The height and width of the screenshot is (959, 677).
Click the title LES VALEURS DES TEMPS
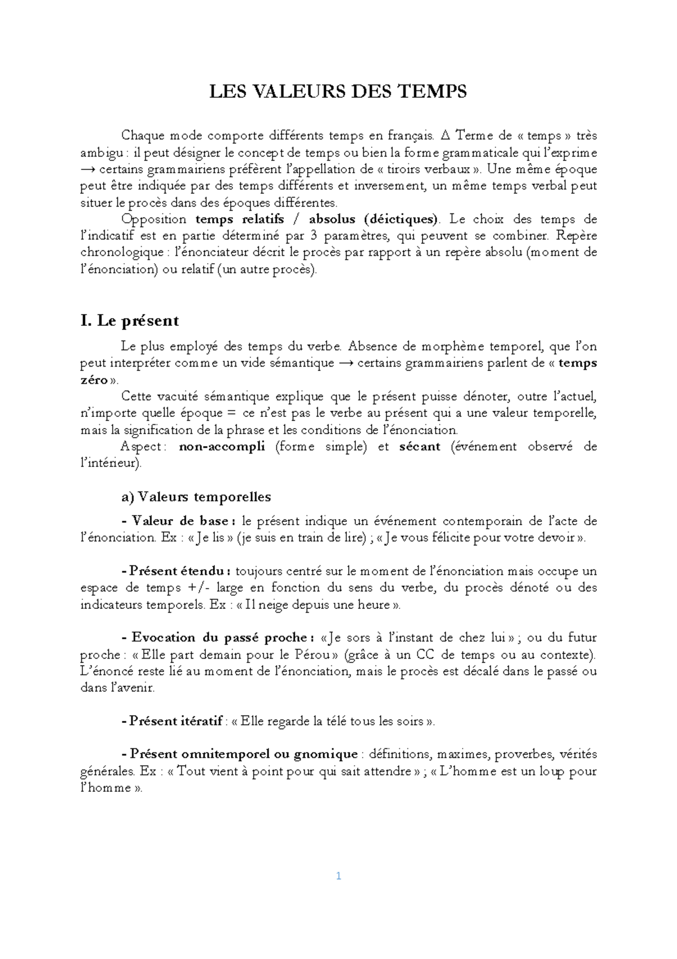coord(338,91)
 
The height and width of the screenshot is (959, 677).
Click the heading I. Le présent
coord(130,321)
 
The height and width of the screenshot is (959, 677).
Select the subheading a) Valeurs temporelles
coord(196,496)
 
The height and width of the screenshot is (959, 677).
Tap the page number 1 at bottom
coord(338,877)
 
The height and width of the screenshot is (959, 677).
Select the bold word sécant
coord(419,447)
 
